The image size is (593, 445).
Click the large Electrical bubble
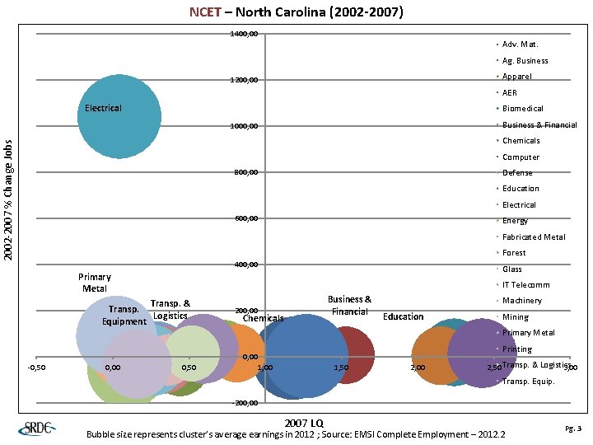point(119,116)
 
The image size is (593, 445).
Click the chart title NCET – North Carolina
point(296,12)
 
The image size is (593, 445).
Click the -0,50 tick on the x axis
point(36,368)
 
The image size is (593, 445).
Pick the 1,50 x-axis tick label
point(341,368)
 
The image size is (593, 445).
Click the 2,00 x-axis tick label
point(418,368)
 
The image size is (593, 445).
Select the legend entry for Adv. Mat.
point(520,44)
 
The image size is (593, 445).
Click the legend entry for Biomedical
point(521,109)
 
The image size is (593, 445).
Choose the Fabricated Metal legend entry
point(533,237)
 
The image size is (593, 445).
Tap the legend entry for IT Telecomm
point(525,285)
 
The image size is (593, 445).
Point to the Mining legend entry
point(515,317)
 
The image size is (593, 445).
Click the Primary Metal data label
point(94,283)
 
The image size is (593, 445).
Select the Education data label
point(404,317)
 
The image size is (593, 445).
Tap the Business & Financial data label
point(349,306)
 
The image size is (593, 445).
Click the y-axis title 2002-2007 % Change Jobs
point(8,200)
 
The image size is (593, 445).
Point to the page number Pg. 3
point(573,429)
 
